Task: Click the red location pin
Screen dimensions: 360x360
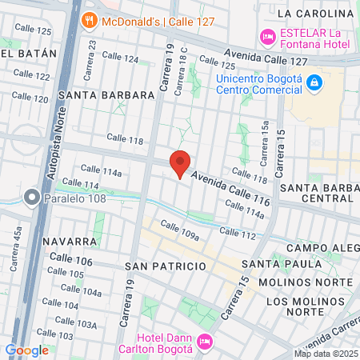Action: pyautogui.click(x=180, y=163)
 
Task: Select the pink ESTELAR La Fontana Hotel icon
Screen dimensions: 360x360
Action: pyautogui.click(x=266, y=36)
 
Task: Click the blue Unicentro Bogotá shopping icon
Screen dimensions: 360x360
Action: pyautogui.click(x=315, y=82)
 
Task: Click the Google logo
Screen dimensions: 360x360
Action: pyautogui.click(x=26, y=350)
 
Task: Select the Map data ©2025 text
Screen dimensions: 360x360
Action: pyautogui.click(x=326, y=354)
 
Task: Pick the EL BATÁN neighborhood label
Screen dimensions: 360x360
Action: pyautogui.click(x=30, y=53)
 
